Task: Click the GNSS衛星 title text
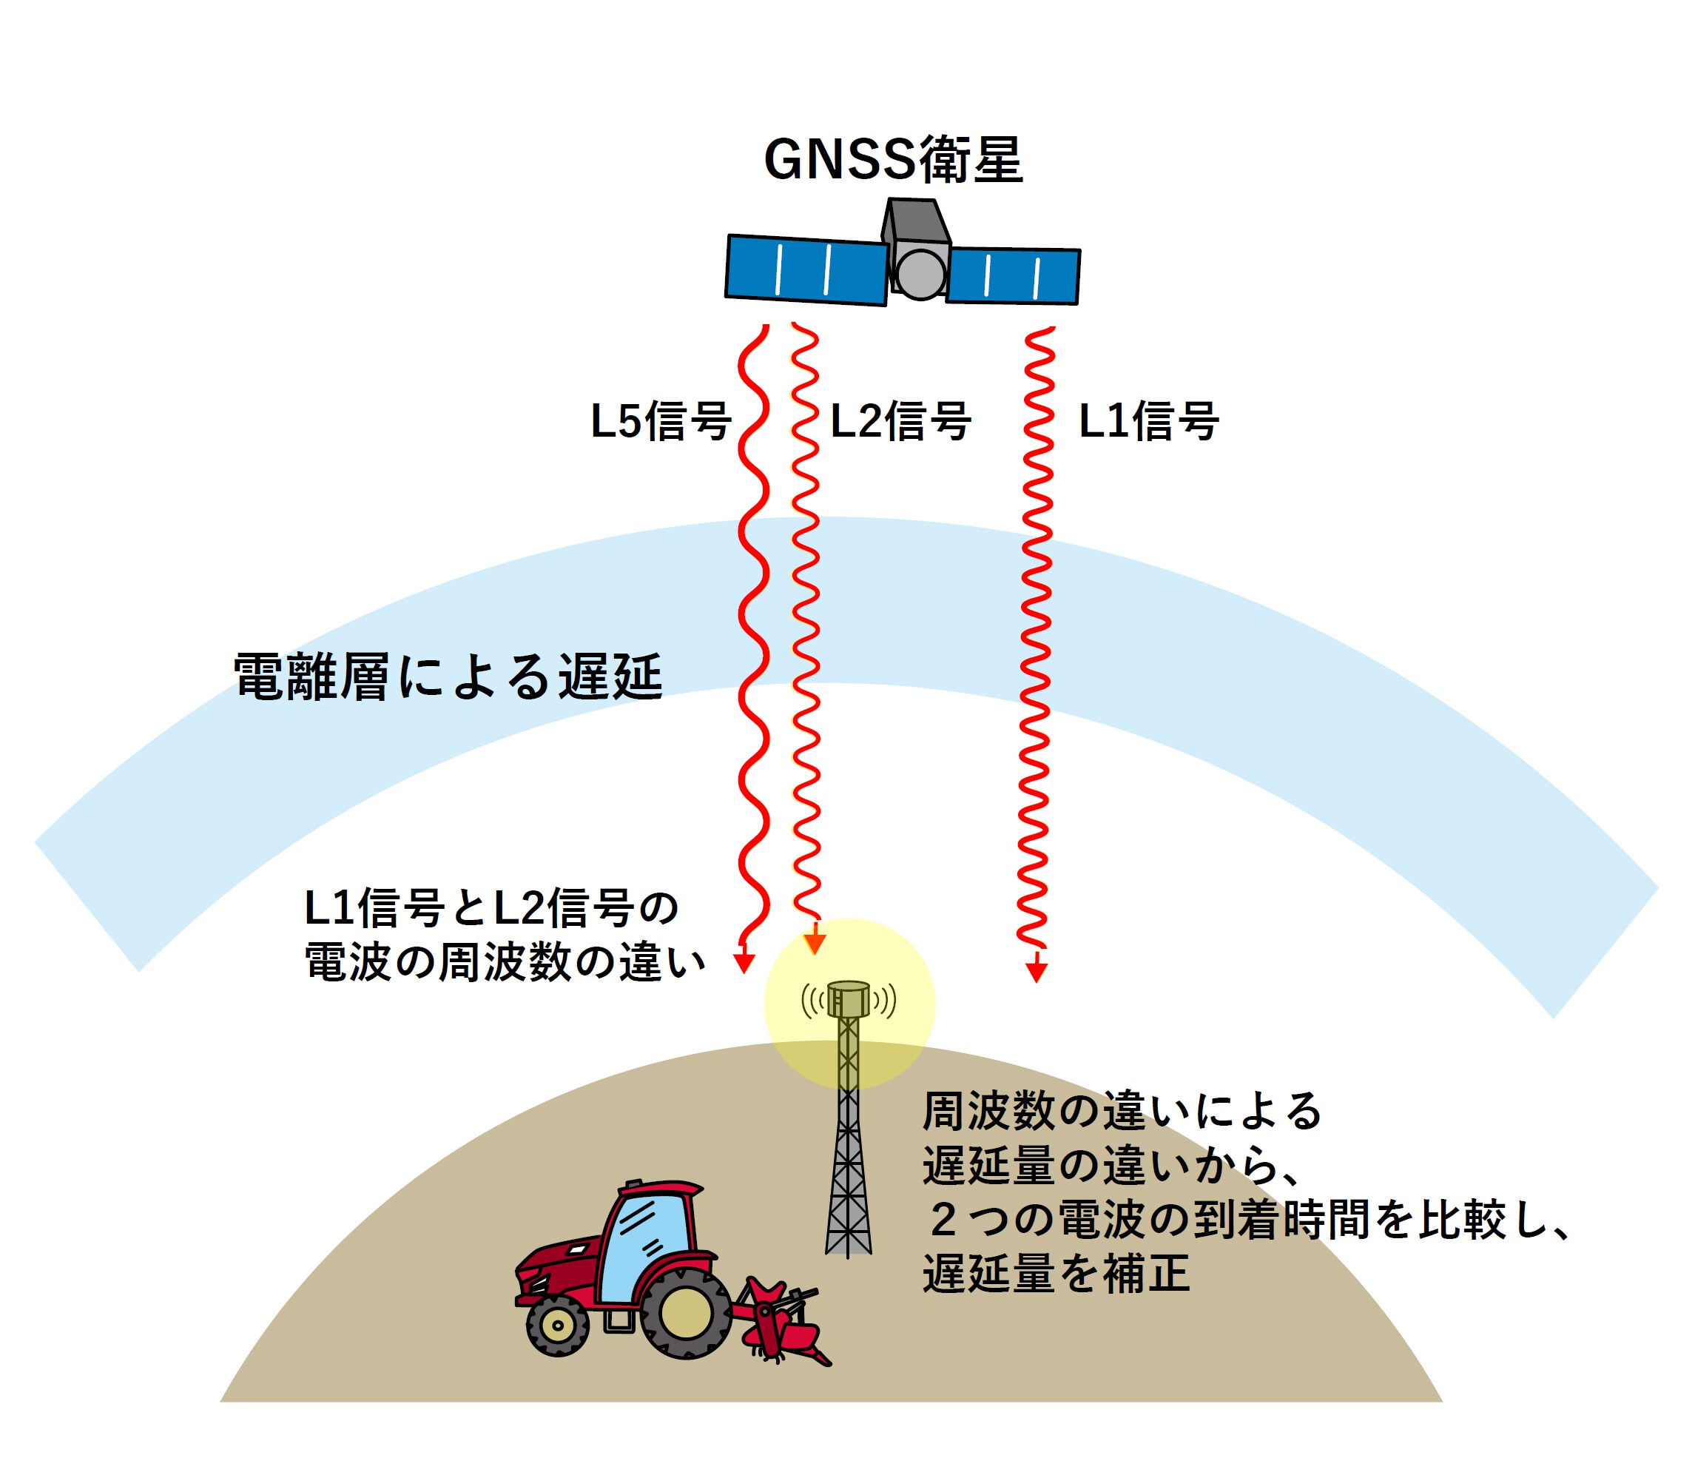click(x=892, y=159)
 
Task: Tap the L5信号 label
click(x=660, y=422)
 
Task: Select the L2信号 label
click(x=900, y=422)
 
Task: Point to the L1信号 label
click(x=1148, y=422)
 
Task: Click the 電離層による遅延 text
click(x=448, y=677)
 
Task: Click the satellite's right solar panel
click(x=1013, y=276)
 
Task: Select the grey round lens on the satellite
click(x=921, y=274)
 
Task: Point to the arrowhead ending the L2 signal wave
click(x=815, y=944)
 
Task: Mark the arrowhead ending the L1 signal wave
click(x=1037, y=972)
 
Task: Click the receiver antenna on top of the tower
click(x=849, y=998)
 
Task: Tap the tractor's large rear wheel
click(x=686, y=1314)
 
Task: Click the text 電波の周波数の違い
click(x=504, y=961)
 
